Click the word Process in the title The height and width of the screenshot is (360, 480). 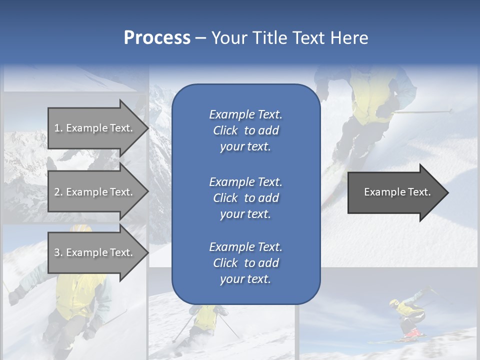pos(157,37)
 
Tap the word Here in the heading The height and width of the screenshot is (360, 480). pos(348,37)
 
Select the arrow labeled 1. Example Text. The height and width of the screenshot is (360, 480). pos(95,128)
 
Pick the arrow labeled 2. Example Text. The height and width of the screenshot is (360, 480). pos(95,192)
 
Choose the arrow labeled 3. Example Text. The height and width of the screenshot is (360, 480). pos(95,252)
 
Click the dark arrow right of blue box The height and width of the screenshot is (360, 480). pos(395,192)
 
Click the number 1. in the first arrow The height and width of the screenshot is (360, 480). pos(58,128)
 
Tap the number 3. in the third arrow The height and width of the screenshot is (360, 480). pos(58,252)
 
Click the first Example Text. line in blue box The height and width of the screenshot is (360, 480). pos(245,114)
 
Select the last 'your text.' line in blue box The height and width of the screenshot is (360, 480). pos(245,279)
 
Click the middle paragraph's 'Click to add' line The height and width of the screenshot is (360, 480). pos(245,198)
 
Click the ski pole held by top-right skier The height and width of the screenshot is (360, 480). pos(425,111)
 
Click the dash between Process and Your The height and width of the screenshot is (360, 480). pos(200,37)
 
